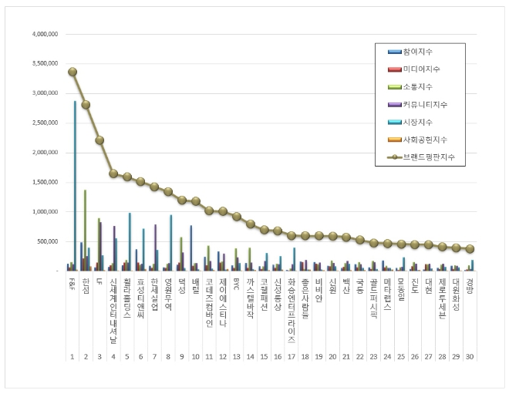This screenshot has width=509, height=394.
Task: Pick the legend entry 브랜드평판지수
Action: point(424,157)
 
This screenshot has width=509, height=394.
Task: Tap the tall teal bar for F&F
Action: point(75,185)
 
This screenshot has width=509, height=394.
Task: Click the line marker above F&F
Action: point(72,72)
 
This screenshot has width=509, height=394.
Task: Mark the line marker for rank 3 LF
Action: point(99,140)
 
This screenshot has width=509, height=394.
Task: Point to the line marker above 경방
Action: point(470,249)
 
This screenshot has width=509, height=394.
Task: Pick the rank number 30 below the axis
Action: point(470,357)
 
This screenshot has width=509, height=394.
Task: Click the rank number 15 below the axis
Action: point(265,357)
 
